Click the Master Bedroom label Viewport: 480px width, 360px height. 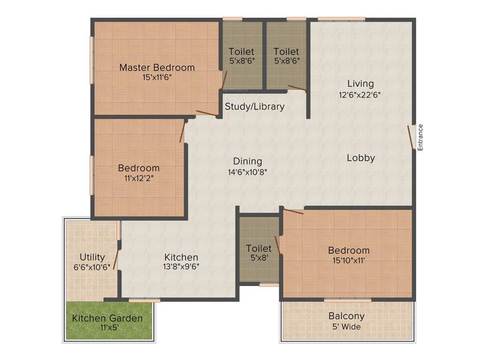(157, 67)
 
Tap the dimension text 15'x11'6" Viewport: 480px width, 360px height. (157, 77)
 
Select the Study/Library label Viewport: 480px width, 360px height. (255, 106)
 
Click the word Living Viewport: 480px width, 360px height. (360, 84)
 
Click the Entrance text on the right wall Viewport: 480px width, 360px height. (420, 137)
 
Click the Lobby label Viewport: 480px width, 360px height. (360, 158)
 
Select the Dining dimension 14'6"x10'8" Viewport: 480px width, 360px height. (247, 172)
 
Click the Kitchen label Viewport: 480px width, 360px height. (181, 257)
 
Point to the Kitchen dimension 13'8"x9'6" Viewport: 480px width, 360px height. (181, 267)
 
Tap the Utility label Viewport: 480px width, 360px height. (92, 257)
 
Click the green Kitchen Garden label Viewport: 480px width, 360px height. (107, 318)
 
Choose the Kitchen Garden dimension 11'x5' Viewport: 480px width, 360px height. (107, 328)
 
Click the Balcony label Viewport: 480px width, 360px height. (346, 316)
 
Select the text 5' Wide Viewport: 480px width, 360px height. (346, 326)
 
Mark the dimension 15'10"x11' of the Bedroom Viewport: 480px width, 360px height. (348, 260)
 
